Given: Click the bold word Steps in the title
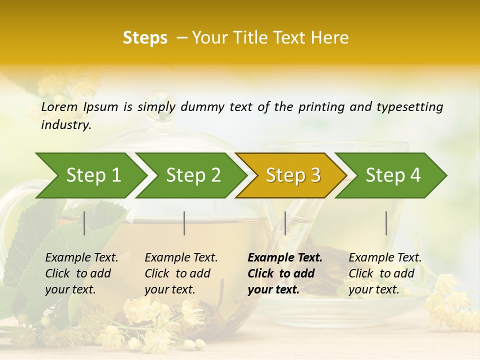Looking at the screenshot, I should tap(145, 38).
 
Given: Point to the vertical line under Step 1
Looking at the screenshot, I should tap(84, 223).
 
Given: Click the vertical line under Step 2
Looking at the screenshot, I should tap(184, 223).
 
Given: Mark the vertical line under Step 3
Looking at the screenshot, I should tap(285, 223).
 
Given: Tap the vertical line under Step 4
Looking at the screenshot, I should tap(386, 223).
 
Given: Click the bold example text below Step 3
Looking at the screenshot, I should tap(284, 273).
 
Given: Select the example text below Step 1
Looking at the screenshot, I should tap(81, 273).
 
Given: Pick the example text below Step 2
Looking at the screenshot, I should tap(181, 273).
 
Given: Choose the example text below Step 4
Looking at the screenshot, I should tap(385, 273).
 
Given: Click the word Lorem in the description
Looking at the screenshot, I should tap(59, 107).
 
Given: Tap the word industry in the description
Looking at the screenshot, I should tap(66, 125).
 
